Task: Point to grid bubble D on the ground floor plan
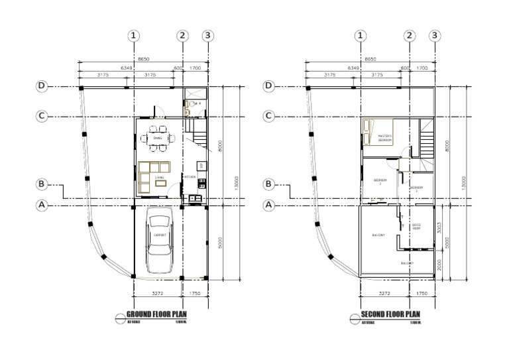[x=42, y=86]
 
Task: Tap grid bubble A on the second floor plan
[x=269, y=206]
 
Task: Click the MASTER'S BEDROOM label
[x=385, y=139]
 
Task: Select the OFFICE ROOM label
[x=416, y=227]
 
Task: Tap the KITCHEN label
[x=190, y=177]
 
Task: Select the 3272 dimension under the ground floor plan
[x=158, y=292]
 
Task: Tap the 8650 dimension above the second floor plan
[x=370, y=58]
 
